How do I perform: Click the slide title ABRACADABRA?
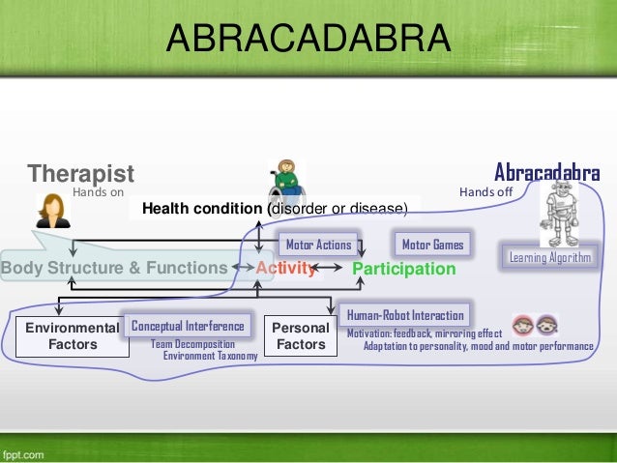point(308,39)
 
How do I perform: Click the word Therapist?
point(80,174)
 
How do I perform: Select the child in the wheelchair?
point(286,179)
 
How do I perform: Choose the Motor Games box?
point(432,245)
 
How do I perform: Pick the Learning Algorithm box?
point(549,257)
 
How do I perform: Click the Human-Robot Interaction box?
point(405,315)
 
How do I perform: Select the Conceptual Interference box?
point(188,326)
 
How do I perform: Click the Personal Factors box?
point(301,335)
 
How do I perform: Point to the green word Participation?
point(403,269)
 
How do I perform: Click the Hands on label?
point(99,192)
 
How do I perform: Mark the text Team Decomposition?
point(192,344)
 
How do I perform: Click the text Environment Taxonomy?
point(210,356)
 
